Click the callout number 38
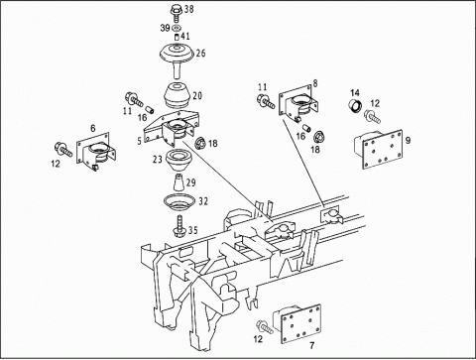click(x=188, y=9)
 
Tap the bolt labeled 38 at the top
click(x=177, y=12)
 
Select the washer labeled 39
click(x=177, y=27)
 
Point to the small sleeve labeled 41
click(x=177, y=37)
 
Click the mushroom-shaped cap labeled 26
click(x=177, y=57)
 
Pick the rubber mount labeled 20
click(x=178, y=94)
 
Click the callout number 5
click(x=139, y=141)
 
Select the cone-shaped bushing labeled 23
click(x=178, y=161)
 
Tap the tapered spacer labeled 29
click(x=178, y=182)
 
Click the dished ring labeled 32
click(x=179, y=201)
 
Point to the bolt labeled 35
click(x=179, y=226)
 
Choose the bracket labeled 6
click(x=96, y=151)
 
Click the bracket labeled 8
click(x=299, y=102)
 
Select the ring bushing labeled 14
click(x=356, y=106)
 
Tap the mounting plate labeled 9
click(x=380, y=148)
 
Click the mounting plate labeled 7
click(x=297, y=323)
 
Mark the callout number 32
click(x=203, y=201)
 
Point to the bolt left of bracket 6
click(x=62, y=149)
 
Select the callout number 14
click(x=355, y=92)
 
